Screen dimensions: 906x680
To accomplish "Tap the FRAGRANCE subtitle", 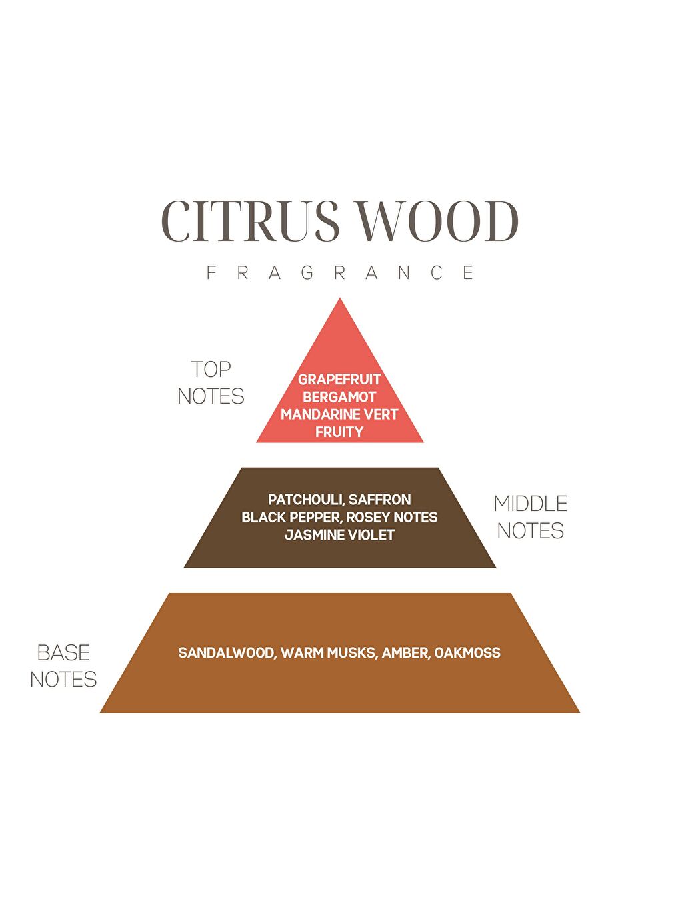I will (340, 273).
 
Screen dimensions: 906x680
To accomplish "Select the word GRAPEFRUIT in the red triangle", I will (339, 380).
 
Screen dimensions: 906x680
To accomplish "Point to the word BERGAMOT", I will (339, 397).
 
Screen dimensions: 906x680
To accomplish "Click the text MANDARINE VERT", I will (339, 414).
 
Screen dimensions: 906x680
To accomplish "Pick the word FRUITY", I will (339, 432).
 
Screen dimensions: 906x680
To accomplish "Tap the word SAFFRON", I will (380, 500).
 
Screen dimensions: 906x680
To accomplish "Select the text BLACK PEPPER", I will (290, 517).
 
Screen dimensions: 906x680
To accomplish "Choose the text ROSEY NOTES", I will (392, 517).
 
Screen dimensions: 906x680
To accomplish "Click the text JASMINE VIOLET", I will (339, 535).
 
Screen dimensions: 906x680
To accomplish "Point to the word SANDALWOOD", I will (226, 653).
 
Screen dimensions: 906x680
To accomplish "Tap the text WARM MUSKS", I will (328, 653).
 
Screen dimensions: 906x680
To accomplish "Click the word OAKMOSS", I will (467, 653).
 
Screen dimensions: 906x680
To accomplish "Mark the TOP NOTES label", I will (211, 383).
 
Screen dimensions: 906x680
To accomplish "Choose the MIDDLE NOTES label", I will (531, 517).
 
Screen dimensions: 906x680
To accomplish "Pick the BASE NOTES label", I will (63, 666).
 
